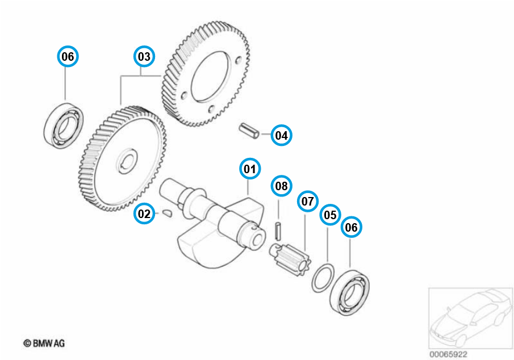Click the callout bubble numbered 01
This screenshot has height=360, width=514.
(x=249, y=169)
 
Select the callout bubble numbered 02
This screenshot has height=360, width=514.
(x=145, y=214)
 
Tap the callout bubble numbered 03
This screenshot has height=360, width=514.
(x=144, y=57)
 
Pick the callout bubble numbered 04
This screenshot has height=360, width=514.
(x=281, y=135)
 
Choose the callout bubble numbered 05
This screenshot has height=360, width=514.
(x=330, y=215)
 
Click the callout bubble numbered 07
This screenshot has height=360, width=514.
(x=307, y=201)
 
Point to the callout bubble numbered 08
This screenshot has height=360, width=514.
(x=281, y=186)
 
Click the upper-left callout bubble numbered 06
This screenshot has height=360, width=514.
(x=68, y=57)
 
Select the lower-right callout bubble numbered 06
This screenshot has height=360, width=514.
(x=351, y=228)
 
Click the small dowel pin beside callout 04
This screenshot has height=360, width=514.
(x=248, y=130)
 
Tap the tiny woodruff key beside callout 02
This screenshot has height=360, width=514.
(x=166, y=213)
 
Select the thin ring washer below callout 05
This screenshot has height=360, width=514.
(x=321, y=278)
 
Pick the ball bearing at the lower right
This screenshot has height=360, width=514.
(x=350, y=292)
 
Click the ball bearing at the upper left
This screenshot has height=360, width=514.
(x=64, y=127)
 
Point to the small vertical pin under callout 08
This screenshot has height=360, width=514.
(x=278, y=231)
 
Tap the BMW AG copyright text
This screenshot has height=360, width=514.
(x=44, y=343)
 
